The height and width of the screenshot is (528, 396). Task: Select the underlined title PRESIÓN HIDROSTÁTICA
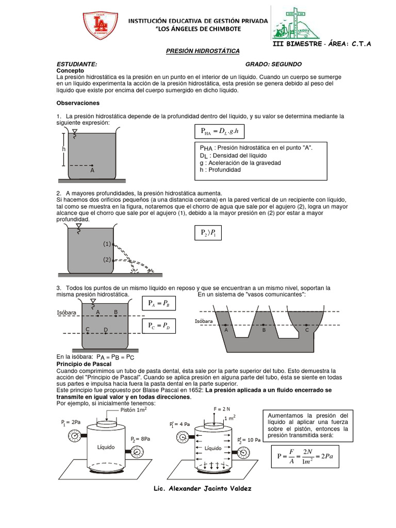[202, 52]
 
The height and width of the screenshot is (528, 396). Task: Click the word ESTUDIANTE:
[76, 63]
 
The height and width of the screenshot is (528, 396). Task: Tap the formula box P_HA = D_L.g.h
[220, 132]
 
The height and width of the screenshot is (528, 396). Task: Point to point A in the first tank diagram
[92, 166]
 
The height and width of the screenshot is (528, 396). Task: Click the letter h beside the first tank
[64, 149]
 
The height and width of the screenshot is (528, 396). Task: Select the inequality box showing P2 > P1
[208, 234]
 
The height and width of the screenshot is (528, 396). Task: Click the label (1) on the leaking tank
[107, 243]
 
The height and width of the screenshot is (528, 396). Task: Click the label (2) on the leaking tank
[107, 259]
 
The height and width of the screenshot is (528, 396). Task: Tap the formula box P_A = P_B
[162, 304]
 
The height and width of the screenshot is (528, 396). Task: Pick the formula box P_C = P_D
[162, 326]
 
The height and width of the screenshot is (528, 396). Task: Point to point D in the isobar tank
[105, 329]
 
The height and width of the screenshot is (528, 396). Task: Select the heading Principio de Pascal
[84, 364]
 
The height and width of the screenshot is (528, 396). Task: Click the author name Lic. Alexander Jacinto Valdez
[203, 488]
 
